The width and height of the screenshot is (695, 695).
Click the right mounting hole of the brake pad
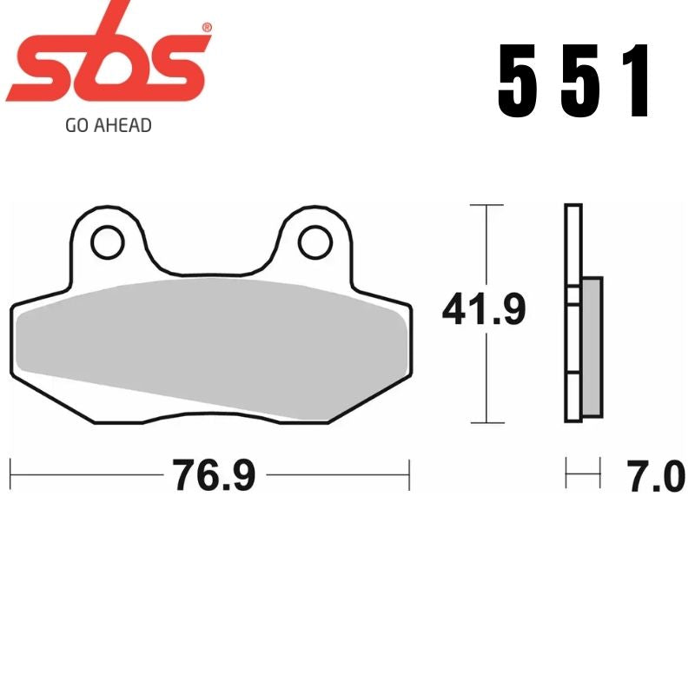(x=314, y=242)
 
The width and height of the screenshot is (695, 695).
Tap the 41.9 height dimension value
(x=484, y=310)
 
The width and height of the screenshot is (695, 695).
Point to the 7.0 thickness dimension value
(x=656, y=476)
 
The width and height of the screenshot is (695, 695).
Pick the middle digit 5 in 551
(x=579, y=83)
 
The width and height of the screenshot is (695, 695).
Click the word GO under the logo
(x=75, y=126)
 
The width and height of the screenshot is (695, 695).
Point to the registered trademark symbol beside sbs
(x=206, y=29)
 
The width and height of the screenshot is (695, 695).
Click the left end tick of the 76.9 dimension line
(x=10, y=475)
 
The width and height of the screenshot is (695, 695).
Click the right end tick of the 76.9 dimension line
(x=408, y=475)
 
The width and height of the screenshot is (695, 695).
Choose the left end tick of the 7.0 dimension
(x=566, y=475)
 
